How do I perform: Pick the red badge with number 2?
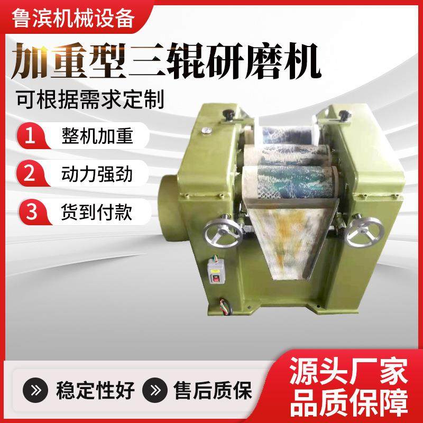[x=31, y=173]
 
